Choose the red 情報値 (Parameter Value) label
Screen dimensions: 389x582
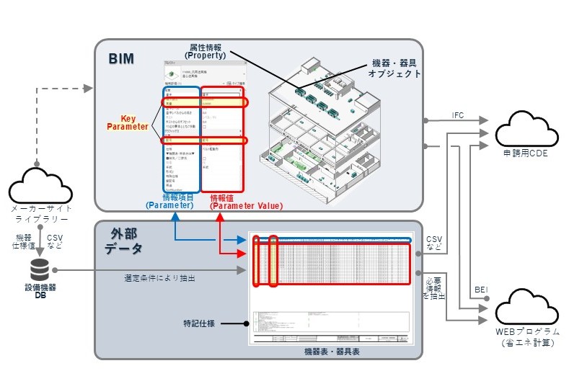pos(245,201)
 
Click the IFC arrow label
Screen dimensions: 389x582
pos(457,115)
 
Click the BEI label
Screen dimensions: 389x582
pos(480,290)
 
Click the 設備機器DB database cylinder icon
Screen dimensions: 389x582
pos(40,271)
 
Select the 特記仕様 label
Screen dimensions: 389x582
pos(204,324)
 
